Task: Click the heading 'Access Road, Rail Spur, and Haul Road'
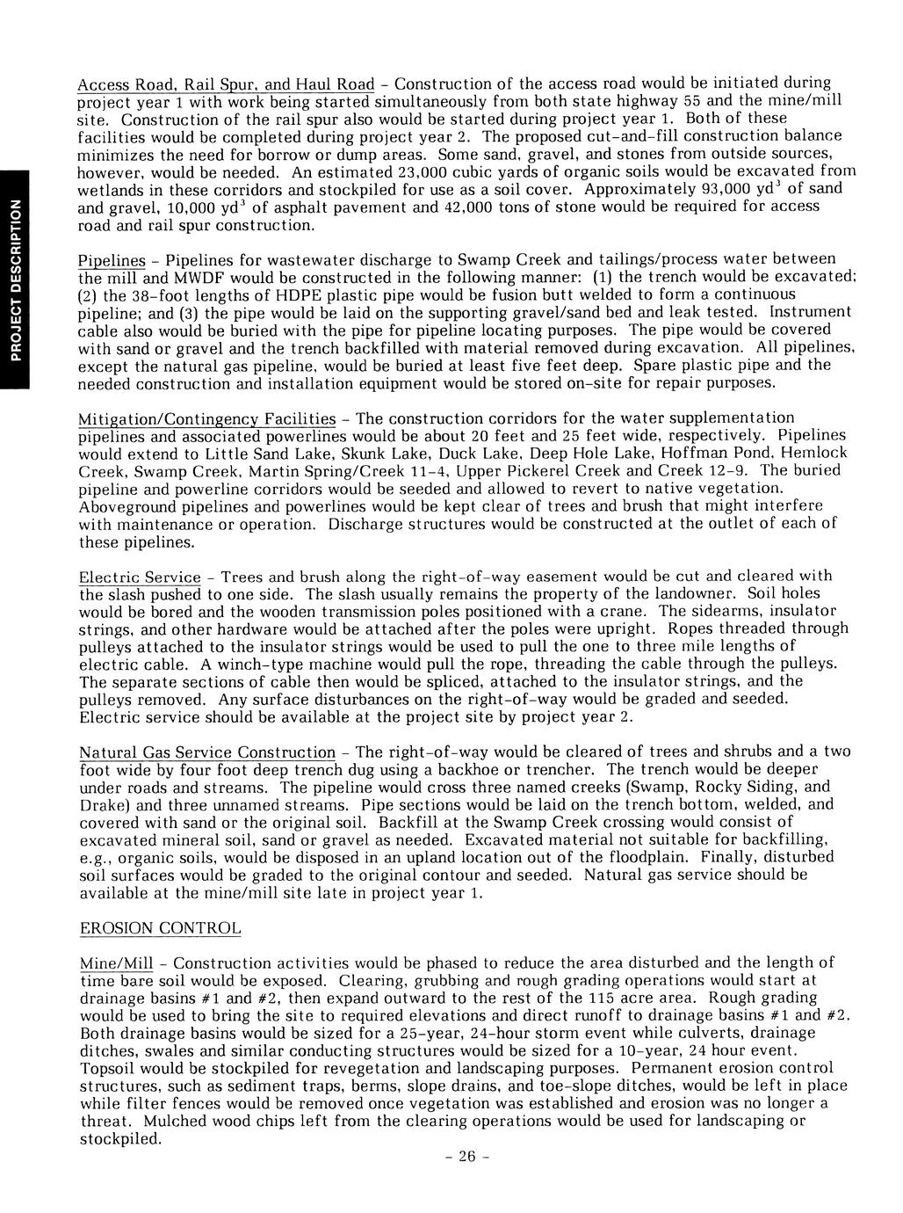(227, 84)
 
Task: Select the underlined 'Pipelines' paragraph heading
(111, 260)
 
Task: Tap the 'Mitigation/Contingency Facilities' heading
(207, 418)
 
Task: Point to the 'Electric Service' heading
(140, 577)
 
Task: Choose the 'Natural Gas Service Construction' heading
(207, 753)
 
